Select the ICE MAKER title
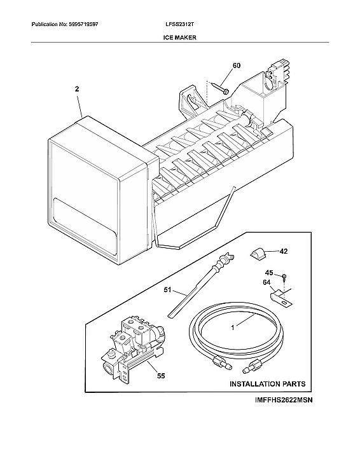tap(180, 38)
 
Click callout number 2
tap(77, 91)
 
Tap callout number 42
tap(283, 251)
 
